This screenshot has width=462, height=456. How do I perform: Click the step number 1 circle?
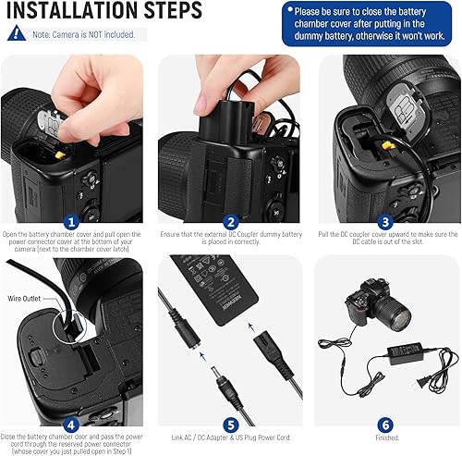click(x=71, y=222)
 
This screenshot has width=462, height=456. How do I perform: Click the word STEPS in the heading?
click(x=174, y=12)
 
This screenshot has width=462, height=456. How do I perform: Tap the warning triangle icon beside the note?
click(x=16, y=33)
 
